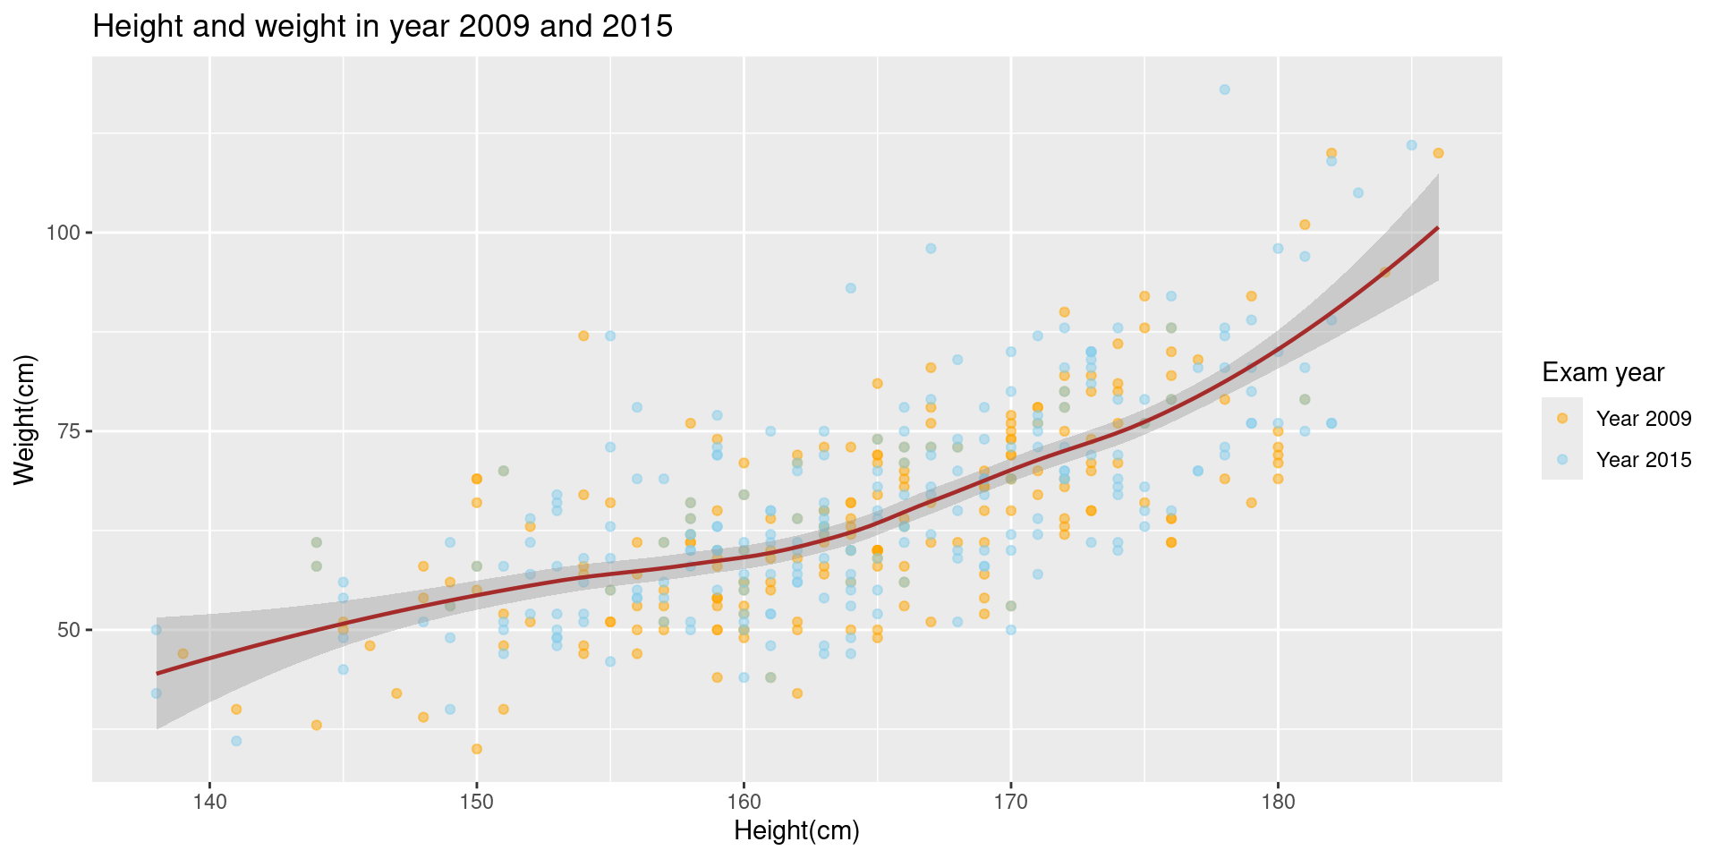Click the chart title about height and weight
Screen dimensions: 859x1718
382,27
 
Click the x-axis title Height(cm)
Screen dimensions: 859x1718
796,831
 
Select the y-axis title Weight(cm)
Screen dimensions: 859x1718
24,420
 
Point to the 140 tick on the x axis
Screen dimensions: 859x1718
210,800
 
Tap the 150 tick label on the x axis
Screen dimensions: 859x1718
477,800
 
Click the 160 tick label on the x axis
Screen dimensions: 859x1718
744,800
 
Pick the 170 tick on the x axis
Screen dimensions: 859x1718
1011,800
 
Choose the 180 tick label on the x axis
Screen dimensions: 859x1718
1278,800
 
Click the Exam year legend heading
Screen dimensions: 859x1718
1603,372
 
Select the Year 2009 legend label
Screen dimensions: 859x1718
1644,419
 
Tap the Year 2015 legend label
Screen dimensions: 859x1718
1644,460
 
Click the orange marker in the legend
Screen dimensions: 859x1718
1562,418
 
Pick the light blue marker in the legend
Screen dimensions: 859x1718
1562,459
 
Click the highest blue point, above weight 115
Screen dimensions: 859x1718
1224,89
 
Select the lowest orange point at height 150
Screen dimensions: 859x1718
477,749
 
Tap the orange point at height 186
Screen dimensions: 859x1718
1438,153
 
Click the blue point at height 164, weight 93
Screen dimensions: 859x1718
851,288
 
